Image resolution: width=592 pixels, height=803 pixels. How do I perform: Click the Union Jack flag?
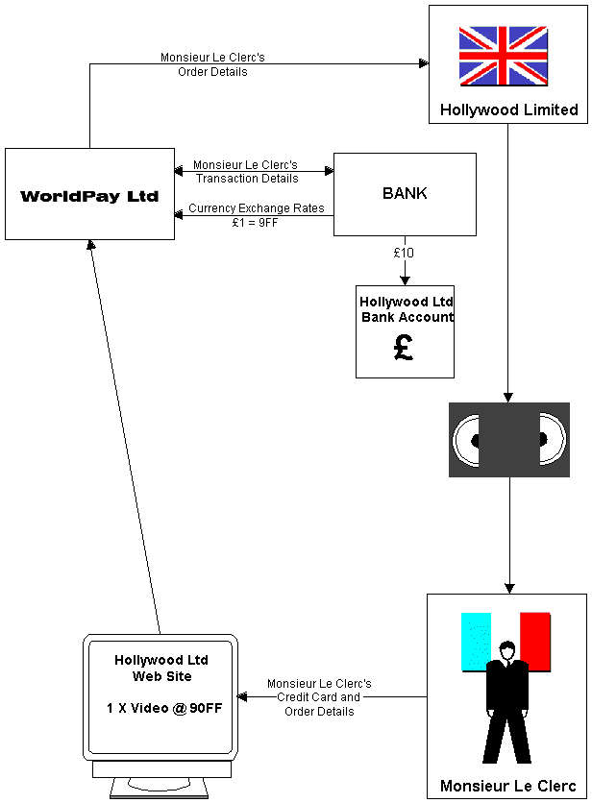504,56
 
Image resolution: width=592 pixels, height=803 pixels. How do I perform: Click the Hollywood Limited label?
509,109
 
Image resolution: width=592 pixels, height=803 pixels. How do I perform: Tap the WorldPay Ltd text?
89,196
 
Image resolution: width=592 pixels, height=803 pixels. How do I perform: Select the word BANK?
405,193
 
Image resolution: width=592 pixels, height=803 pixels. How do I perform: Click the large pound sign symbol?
404,347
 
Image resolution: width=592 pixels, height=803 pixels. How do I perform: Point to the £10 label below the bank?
404,253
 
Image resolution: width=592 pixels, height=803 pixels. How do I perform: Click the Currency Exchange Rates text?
257,207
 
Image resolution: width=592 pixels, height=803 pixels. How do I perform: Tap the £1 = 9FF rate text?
255,222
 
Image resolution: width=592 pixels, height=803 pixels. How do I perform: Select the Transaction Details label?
247,179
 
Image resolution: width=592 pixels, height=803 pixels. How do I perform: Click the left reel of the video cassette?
466,440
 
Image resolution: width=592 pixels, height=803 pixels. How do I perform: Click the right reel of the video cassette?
553,440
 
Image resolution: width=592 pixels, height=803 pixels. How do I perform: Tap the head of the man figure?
507,651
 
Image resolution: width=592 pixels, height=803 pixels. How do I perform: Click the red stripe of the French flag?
535,642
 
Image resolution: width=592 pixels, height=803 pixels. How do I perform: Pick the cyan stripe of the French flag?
476,642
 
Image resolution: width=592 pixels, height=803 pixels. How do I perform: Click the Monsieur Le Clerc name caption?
508,786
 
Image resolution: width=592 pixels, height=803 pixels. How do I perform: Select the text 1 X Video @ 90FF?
164,708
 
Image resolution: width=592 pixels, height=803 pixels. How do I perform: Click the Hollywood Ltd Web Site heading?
161,668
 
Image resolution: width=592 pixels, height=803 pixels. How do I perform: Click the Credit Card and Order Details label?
319,704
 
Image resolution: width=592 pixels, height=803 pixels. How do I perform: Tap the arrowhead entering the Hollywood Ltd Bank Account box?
405,280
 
